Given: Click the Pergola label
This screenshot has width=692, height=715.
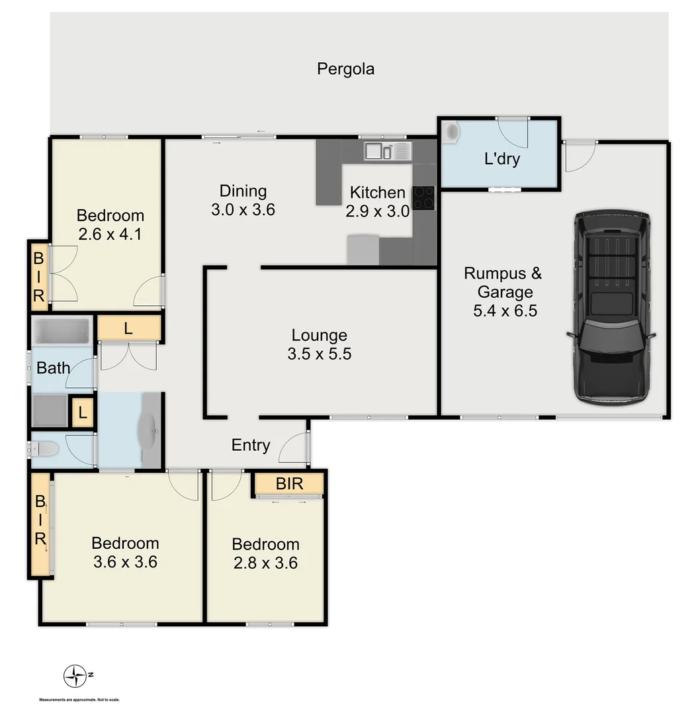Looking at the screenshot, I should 345,69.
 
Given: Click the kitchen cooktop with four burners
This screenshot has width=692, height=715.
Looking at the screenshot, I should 424,197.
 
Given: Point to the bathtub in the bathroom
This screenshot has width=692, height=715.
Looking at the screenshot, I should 62,330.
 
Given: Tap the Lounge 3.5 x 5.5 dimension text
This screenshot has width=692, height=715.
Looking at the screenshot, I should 319,354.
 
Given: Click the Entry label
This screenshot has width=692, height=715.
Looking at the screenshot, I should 250,446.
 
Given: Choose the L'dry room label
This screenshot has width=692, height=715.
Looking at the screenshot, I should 501,159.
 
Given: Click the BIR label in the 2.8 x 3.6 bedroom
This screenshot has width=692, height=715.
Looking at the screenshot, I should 289,484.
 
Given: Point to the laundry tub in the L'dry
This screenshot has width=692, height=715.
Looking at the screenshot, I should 453,132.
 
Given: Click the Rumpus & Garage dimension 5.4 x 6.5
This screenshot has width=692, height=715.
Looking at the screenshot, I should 504,310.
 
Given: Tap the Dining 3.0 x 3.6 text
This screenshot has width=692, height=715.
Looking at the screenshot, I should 243,211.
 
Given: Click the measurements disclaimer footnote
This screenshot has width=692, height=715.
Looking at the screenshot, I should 79,700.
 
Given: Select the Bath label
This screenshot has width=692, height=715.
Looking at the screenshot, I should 53,367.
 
